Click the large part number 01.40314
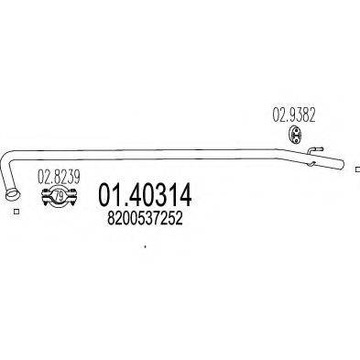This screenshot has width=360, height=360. pyautogui.click(x=145, y=195)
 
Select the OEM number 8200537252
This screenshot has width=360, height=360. pyautogui.click(x=145, y=219)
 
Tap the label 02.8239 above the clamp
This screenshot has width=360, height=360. pyautogui.click(x=59, y=177)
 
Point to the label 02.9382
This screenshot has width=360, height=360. pyautogui.click(x=294, y=115)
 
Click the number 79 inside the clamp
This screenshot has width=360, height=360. pyautogui.click(x=60, y=196)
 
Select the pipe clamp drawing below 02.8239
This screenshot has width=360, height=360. pyautogui.click(x=60, y=196)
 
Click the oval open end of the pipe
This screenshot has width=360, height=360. pyautogui.click(x=13, y=194)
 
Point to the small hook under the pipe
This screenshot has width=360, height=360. pyautogui.click(x=311, y=164)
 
